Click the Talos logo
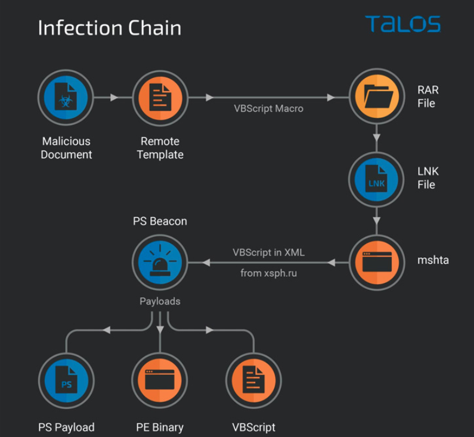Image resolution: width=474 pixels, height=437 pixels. pyautogui.click(x=402, y=24)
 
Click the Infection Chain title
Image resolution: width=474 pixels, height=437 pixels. pyautogui.click(x=109, y=28)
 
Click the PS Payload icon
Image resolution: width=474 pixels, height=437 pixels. pyautogui.click(x=66, y=382)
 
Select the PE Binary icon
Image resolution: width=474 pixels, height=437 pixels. pyautogui.click(x=160, y=382)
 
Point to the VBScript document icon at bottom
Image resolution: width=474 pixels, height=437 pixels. pyautogui.click(x=253, y=382)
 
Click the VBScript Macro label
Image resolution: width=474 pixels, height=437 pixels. pyautogui.click(x=268, y=108)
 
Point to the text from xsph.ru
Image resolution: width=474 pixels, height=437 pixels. pyautogui.click(x=268, y=273)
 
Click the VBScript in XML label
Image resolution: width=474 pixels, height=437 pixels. pyautogui.click(x=268, y=252)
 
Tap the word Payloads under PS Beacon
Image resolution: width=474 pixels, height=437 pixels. pyautogui.click(x=160, y=301)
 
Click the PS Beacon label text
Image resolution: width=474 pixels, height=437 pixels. pyautogui.click(x=160, y=221)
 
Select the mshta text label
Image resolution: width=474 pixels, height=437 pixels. pyautogui.click(x=433, y=260)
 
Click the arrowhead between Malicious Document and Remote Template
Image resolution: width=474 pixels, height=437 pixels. pyautogui.click(x=114, y=98)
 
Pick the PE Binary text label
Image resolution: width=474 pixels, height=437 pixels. pyautogui.click(x=160, y=427)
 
